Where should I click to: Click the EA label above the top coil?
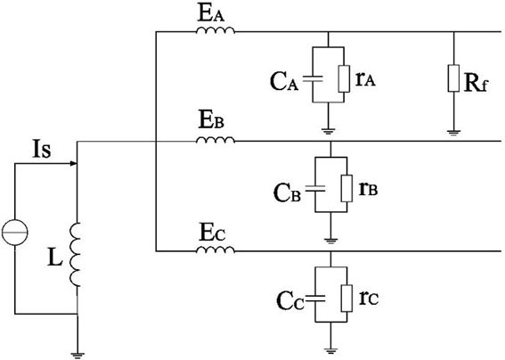(x=211, y=14)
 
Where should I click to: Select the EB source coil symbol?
(x=216, y=140)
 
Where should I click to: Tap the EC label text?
(x=212, y=233)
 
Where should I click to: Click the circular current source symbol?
(x=15, y=232)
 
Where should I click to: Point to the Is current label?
(x=42, y=149)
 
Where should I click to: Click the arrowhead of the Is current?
(x=74, y=163)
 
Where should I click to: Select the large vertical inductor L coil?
(x=76, y=254)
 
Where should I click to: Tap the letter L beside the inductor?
(x=54, y=257)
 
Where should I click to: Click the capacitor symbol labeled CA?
(x=313, y=79)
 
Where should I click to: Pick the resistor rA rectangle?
(x=344, y=79)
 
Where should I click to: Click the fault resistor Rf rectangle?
(x=453, y=78)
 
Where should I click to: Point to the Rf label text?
(x=476, y=84)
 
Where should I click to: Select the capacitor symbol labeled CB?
(x=315, y=189)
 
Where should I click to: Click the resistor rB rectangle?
(x=346, y=189)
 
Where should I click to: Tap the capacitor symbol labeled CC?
(x=315, y=299)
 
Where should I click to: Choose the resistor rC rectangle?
(x=346, y=299)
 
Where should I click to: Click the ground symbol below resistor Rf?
(x=453, y=132)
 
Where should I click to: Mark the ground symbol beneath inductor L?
(x=77, y=356)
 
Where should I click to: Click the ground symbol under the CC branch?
(x=330, y=351)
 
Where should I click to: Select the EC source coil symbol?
(x=216, y=250)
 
